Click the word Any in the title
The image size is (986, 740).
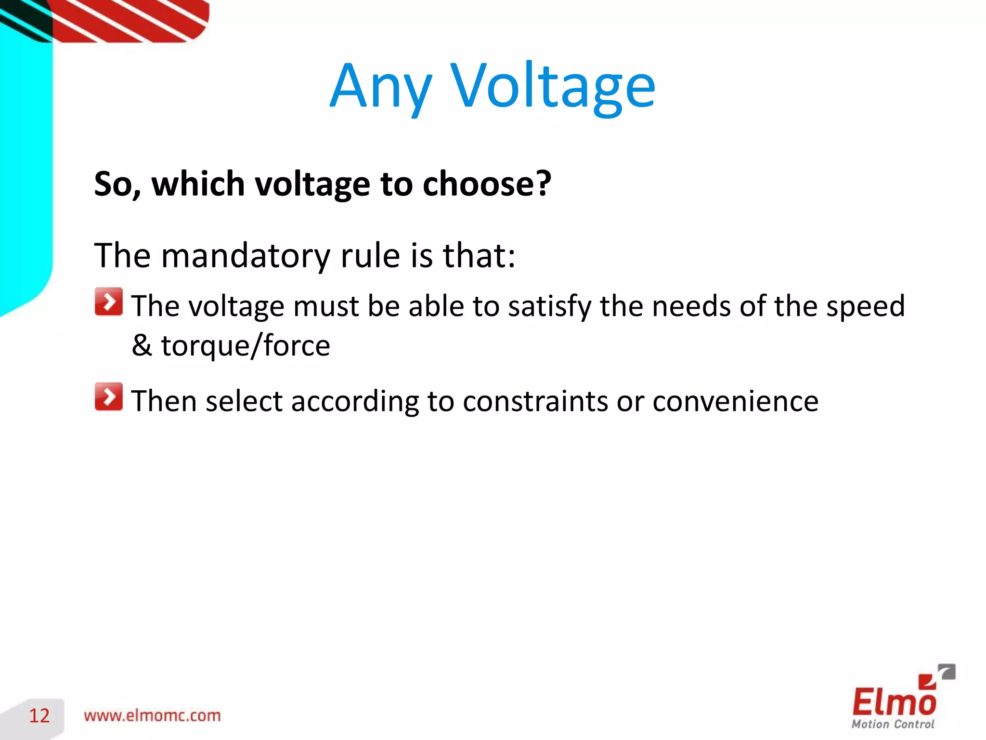(380, 87)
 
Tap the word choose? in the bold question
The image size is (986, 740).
(486, 184)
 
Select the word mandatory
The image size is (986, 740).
(245, 255)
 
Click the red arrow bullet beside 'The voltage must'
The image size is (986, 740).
(109, 302)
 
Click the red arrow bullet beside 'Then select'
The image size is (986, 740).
(109, 397)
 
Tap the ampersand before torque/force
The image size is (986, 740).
(142, 345)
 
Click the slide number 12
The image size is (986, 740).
(39, 716)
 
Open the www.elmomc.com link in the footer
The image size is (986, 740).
(152, 716)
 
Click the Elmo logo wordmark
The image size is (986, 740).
(894, 701)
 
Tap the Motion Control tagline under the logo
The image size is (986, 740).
(893, 724)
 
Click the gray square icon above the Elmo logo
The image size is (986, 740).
(947, 672)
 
